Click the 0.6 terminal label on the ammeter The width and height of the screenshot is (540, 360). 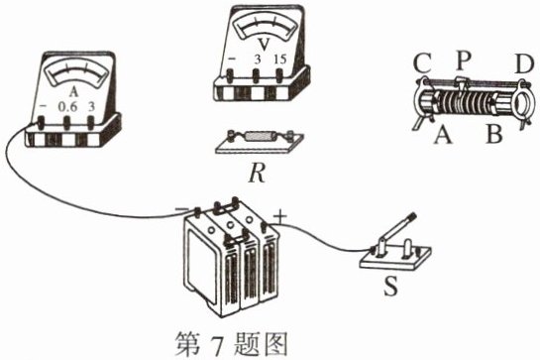click(x=67, y=107)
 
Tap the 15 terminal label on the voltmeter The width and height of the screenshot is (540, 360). click(x=280, y=60)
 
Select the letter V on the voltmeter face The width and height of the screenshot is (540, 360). click(x=264, y=45)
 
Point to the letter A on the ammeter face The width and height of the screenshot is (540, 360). click(x=73, y=91)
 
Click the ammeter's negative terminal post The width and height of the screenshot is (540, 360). click(x=42, y=123)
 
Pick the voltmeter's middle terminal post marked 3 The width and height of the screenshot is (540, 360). click(x=256, y=75)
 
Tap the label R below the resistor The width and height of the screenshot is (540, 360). click(x=258, y=174)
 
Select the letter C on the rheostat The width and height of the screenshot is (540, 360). click(x=422, y=63)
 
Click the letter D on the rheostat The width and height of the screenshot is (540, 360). click(x=524, y=63)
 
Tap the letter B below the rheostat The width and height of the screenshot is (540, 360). click(x=493, y=134)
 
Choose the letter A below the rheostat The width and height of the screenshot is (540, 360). click(x=443, y=135)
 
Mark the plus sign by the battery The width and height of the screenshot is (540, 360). click(x=280, y=217)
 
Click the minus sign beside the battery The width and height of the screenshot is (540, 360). click(x=181, y=208)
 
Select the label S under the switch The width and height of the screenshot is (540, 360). click(x=390, y=287)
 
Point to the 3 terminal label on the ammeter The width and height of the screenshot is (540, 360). click(x=91, y=107)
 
